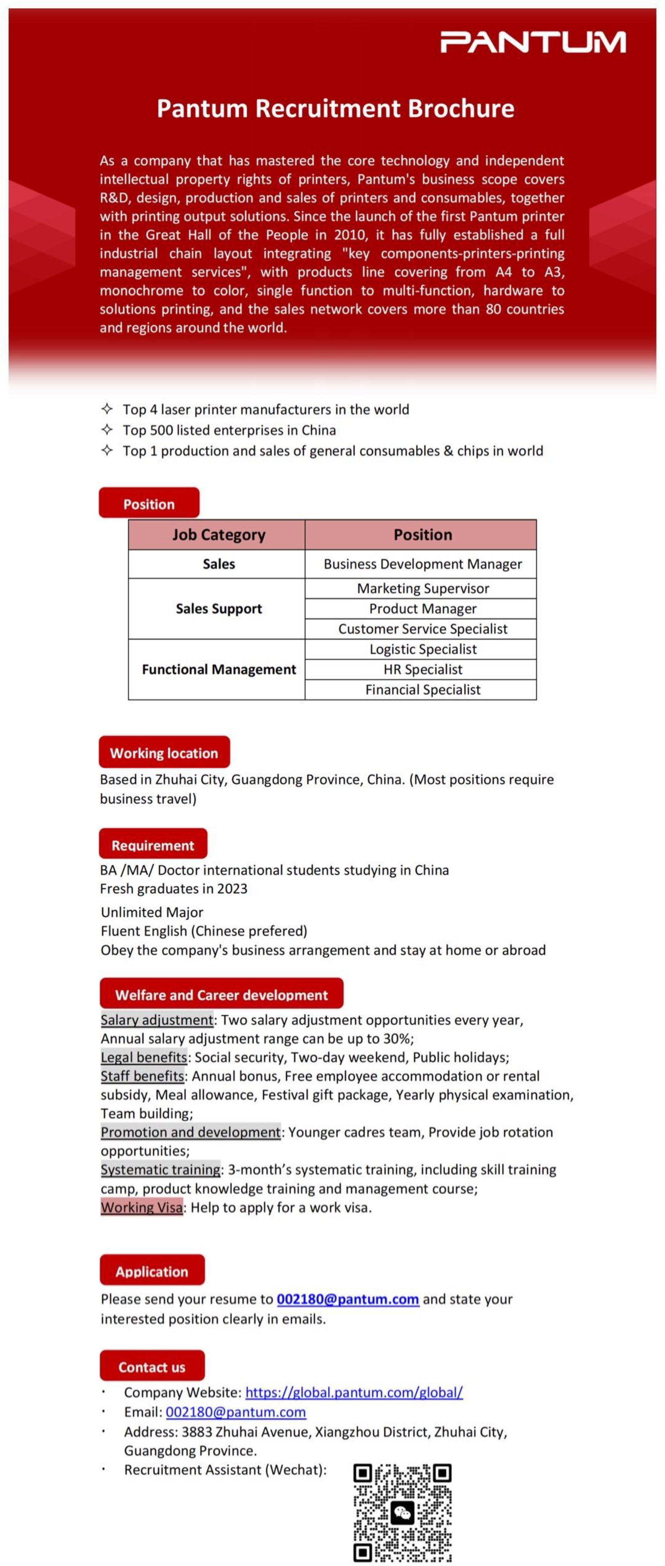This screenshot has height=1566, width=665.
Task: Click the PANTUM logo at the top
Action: (x=533, y=42)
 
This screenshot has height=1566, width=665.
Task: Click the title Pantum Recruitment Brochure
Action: (x=335, y=108)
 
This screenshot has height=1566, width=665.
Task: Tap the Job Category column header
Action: (x=218, y=535)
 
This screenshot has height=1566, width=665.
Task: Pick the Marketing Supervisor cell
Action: (x=422, y=588)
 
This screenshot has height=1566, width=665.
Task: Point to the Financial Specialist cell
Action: (x=422, y=689)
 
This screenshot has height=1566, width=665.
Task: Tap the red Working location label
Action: (x=164, y=753)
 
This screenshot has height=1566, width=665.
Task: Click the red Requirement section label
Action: (x=153, y=845)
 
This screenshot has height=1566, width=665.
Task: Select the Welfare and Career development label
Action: (x=221, y=995)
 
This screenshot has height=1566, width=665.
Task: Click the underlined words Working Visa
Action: (x=142, y=1207)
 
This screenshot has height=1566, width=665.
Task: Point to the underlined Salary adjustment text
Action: (x=157, y=1019)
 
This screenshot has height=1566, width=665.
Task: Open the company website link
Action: (x=354, y=1392)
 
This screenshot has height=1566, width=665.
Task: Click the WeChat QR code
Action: (x=403, y=1512)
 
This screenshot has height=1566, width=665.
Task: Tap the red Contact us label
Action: (x=152, y=1366)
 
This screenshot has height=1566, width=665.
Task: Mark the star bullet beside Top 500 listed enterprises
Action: (x=107, y=430)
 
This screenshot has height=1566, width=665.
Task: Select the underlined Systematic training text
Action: (x=160, y=1169)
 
